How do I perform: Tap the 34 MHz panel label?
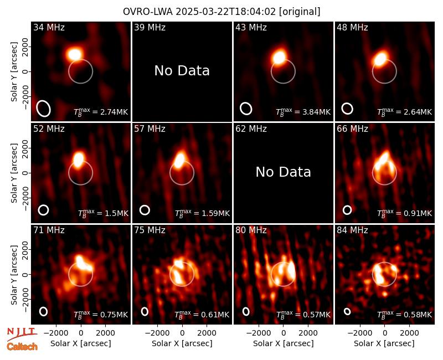(49, 27)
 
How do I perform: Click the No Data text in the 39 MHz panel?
(182, 71)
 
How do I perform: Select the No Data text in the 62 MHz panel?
(284, 172)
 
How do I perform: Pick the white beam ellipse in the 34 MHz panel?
(44, 108)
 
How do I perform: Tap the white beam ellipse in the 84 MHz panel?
(347, 311)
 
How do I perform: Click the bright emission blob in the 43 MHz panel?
(279, 57)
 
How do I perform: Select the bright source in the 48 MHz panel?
(380, 59)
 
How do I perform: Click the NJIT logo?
(22, 333)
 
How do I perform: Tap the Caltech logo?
(22, 347)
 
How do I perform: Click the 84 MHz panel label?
(352, 230)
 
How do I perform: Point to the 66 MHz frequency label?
(352, 129)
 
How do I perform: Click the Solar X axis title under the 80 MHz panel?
(284, 343)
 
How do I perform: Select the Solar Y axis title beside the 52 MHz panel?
(14, 173)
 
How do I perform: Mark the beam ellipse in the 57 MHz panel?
(145, 210)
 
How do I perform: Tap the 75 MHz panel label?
(150, 230)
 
